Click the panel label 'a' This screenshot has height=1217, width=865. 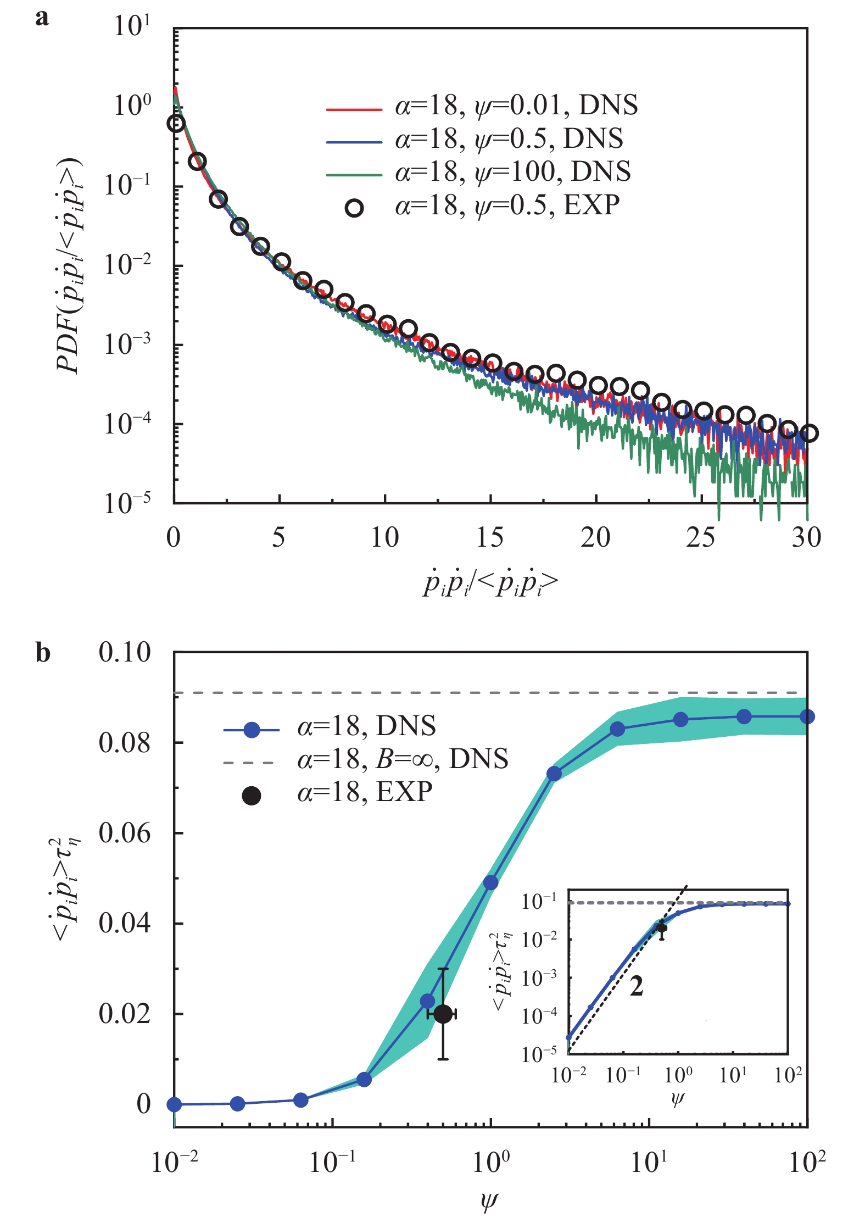[42, 18]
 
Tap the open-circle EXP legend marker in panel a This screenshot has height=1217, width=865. [354, 208]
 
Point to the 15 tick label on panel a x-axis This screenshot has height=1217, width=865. [490, 537]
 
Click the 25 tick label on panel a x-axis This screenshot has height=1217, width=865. [701, 537]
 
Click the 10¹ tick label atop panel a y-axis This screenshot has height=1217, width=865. [131, 26]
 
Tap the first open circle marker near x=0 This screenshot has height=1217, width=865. [176, 123]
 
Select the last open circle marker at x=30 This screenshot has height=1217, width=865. [808, 433]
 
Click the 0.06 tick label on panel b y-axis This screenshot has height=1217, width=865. [124, 833]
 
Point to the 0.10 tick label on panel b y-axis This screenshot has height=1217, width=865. [124, 653]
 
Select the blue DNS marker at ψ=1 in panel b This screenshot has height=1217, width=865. [490, 883]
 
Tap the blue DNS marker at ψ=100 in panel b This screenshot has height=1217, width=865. [807, 716]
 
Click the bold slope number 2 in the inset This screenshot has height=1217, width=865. [636, 986]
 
